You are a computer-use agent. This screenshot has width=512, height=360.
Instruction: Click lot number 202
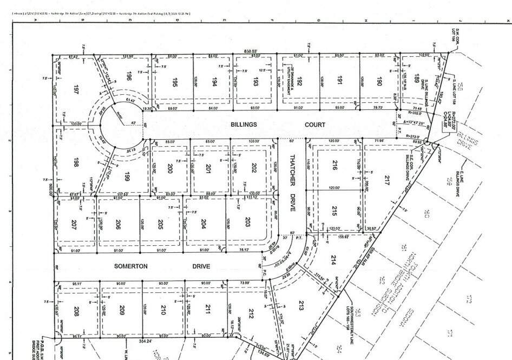click(253, 168)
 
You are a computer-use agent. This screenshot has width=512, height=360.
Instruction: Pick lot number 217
click(386, 180)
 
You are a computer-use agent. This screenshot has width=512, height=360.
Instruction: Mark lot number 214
click(333, 259)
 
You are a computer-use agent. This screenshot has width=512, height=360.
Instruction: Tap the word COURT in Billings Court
click(315, 125)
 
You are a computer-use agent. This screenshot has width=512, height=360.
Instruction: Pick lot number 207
click(74, 224)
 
